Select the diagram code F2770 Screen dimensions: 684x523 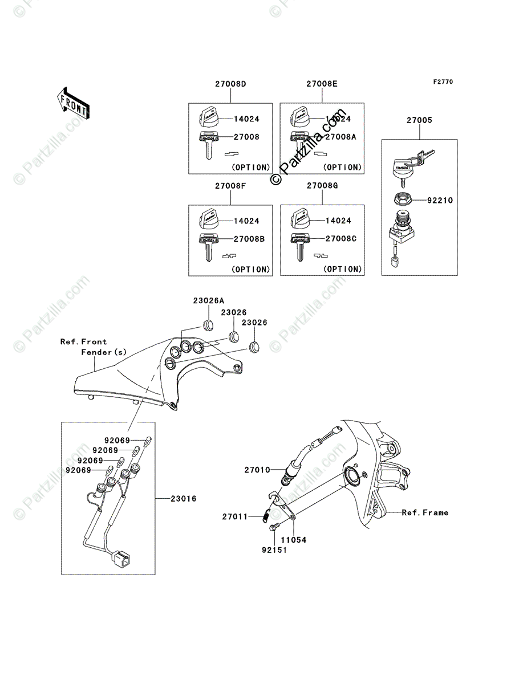click(442, 82)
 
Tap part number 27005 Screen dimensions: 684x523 click(419, 120)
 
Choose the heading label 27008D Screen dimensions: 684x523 click(230, 84)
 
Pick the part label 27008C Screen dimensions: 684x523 click(341, 239)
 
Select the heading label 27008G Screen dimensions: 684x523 click(322, 186)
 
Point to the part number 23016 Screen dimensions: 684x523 click(183, 498)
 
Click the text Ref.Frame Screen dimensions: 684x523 click(425, 512)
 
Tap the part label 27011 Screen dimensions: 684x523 click(234, 516)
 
